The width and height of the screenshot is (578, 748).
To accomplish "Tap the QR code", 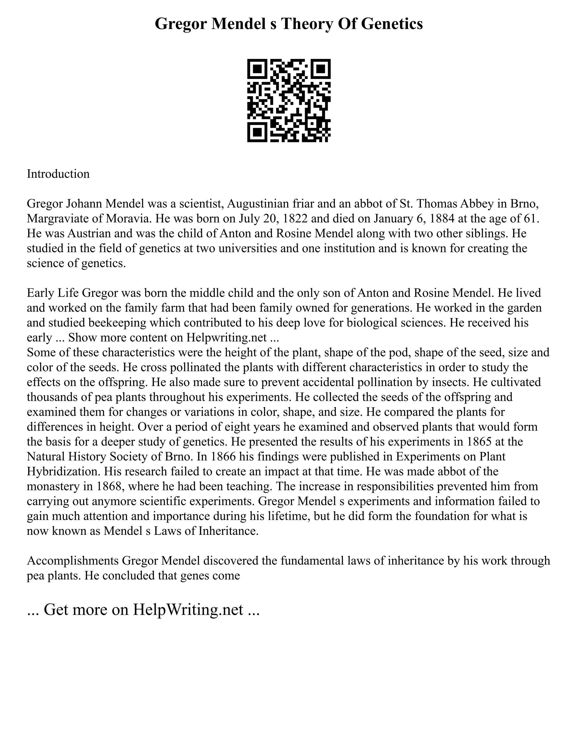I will tap(289, 100).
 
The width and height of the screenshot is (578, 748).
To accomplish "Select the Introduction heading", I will tap(58, 174).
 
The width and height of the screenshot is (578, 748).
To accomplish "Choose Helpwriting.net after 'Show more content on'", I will tap(227, 337).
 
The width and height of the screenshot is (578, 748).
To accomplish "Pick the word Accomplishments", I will tap(73, 561).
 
